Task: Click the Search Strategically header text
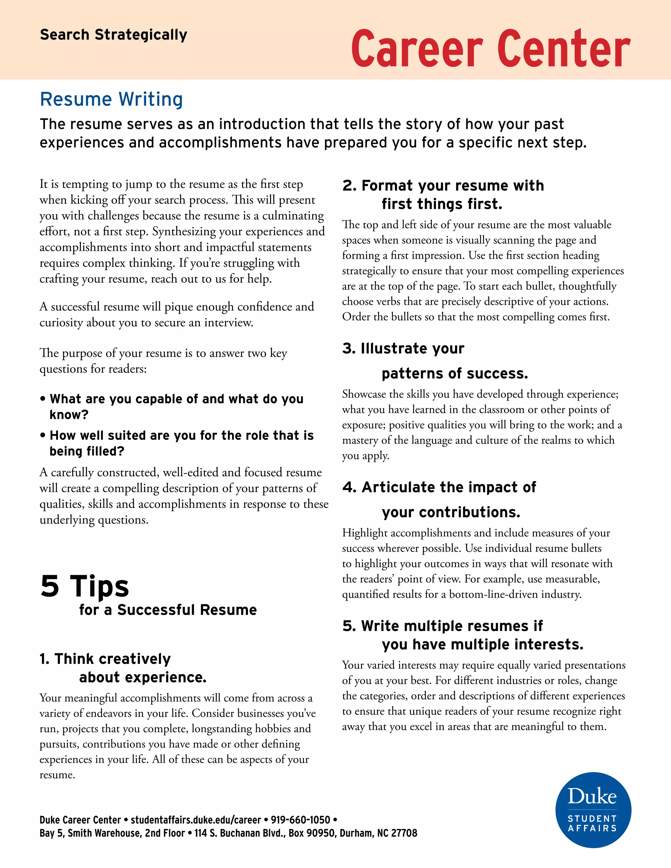click(113, 35)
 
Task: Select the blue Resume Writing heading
click(111, 99)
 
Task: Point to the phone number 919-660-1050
click(300, 820)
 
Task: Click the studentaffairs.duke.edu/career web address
click(196, 820)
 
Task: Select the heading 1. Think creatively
click(105, 659)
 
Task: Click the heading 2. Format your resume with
click(443, 186)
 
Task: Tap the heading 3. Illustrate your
click(403, 349)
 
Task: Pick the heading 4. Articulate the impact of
click(439, 487)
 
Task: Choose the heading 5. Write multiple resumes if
click(442, 626)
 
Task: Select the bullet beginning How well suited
click(181, 436)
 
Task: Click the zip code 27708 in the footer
click(404, 833)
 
